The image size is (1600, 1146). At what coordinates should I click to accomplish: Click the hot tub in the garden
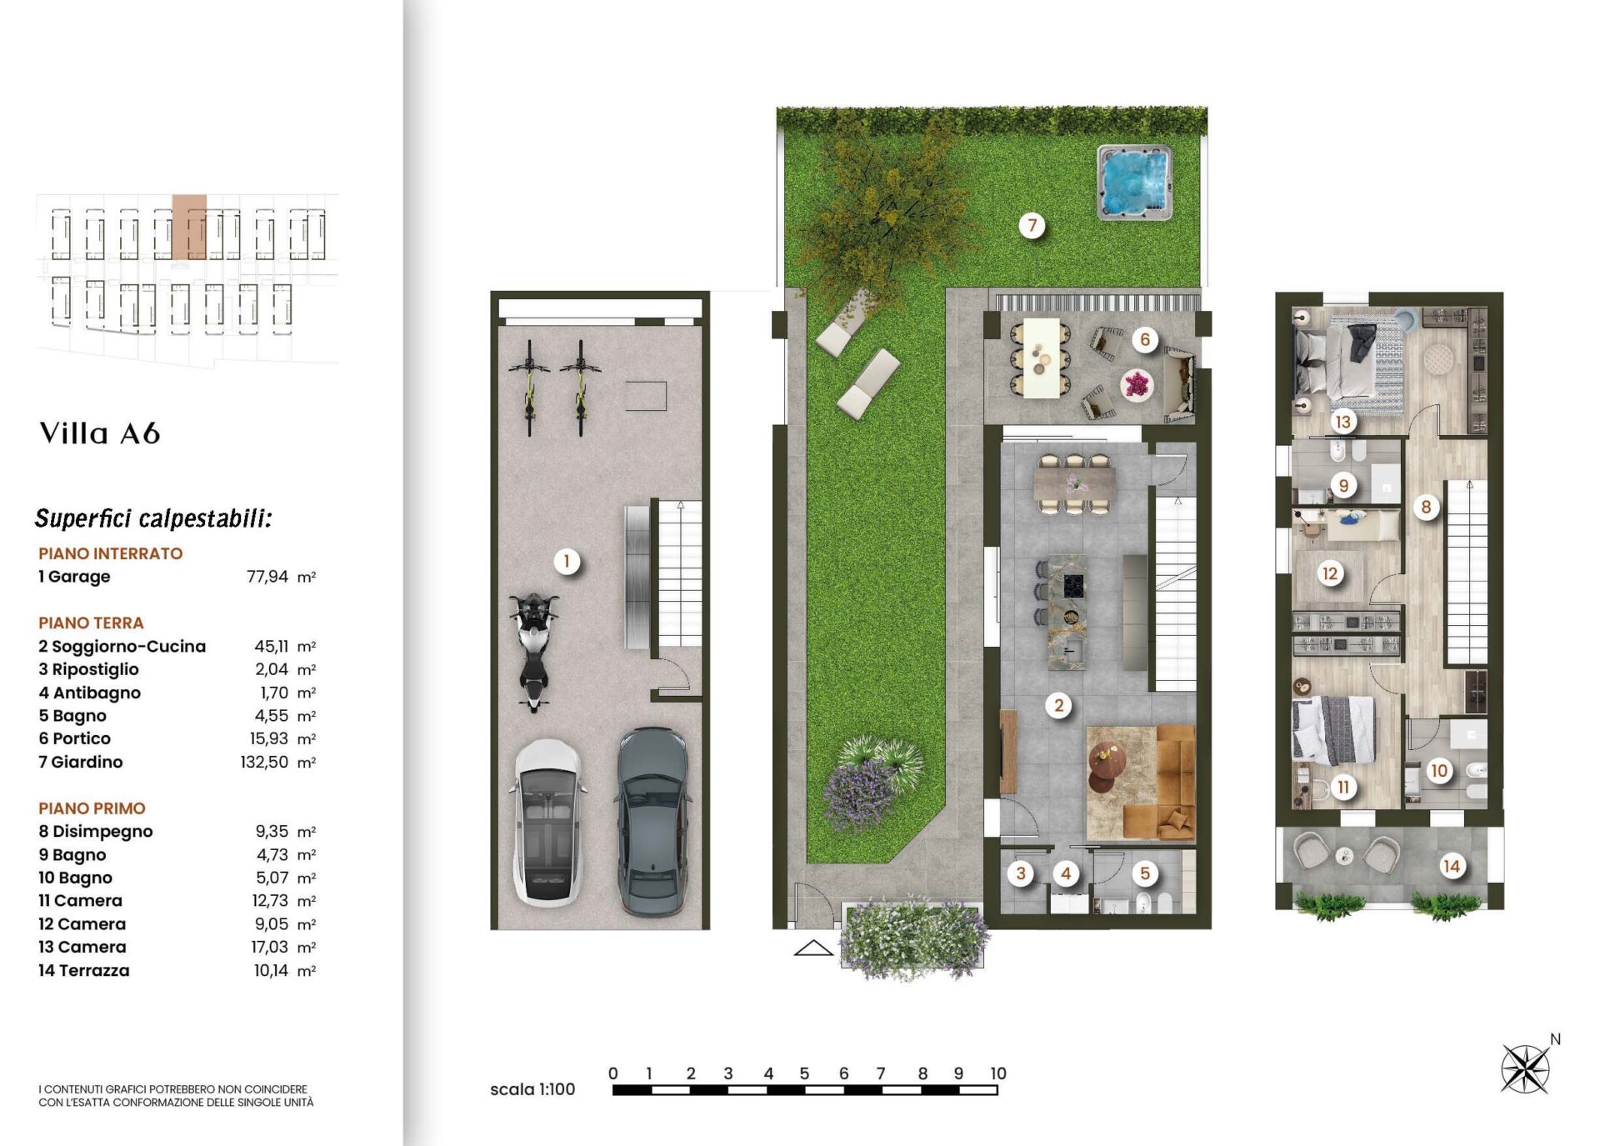click(x=1135, y=183)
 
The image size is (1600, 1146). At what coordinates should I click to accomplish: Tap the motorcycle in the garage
click(x=533, y=652)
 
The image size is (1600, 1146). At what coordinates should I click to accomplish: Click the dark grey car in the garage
click(x=652, y=822)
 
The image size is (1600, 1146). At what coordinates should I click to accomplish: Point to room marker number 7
click(x=1032, y=225)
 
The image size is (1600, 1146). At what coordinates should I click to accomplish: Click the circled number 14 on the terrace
click(x=1452, y=866)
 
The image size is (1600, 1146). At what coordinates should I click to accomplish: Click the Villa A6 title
click(x=100, y=433)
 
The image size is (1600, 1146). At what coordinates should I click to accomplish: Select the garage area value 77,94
click(x=267, y=577)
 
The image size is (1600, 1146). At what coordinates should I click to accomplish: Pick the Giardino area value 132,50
click(x=264, y=762)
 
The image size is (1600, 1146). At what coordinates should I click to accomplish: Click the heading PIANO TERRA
click(x=91, y=623)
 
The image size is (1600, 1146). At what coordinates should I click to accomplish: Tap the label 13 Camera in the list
click(x=82, y=947)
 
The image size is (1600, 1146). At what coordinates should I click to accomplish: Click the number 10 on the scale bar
click(x=998, y=1073)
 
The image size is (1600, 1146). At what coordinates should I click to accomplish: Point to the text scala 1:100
click(x=532, y=1089)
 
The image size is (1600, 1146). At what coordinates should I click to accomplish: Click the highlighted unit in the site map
click(x=189, y=228)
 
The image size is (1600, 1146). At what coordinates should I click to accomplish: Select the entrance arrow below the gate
click(x=813, y=948)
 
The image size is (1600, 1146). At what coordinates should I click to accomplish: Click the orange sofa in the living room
click(x=1159, y=783)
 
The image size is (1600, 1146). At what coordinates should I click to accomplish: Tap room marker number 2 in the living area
click(x=1058, y=706)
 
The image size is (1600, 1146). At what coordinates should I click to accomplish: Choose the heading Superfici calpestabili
click(x=153, y=518)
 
